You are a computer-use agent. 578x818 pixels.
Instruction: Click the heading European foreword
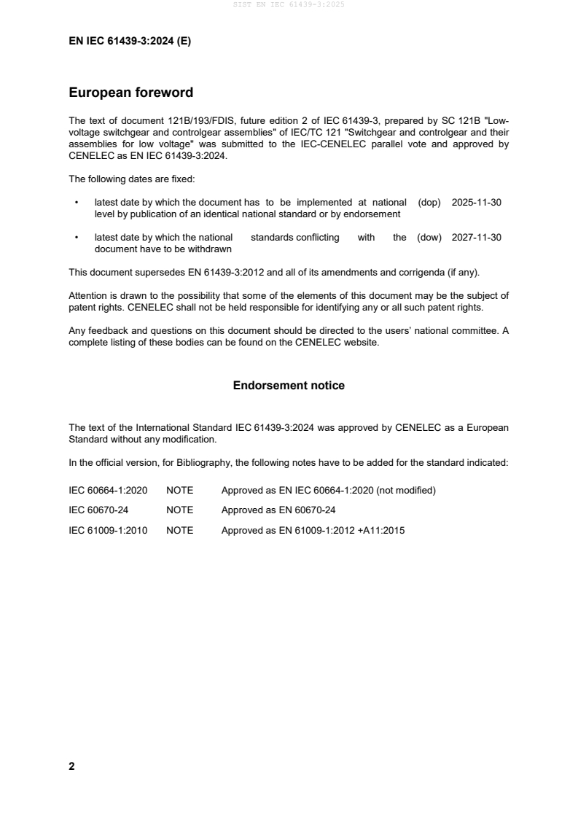coord(130,93)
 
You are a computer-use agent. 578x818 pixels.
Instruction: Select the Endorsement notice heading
coord(289,385)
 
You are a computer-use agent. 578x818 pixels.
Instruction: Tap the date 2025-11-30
coord(476,203)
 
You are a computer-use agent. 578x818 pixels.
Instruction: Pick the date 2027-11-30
coord(476,237)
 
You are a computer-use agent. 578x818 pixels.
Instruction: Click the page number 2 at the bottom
coord(71,766)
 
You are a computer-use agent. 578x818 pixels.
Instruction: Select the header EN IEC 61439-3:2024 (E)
coord(130,42)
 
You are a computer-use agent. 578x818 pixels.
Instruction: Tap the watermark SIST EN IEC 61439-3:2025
coord(289,4)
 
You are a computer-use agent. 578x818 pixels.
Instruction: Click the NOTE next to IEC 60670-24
coord(180,510)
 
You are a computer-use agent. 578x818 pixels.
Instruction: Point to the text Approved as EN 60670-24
coord(278,510)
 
